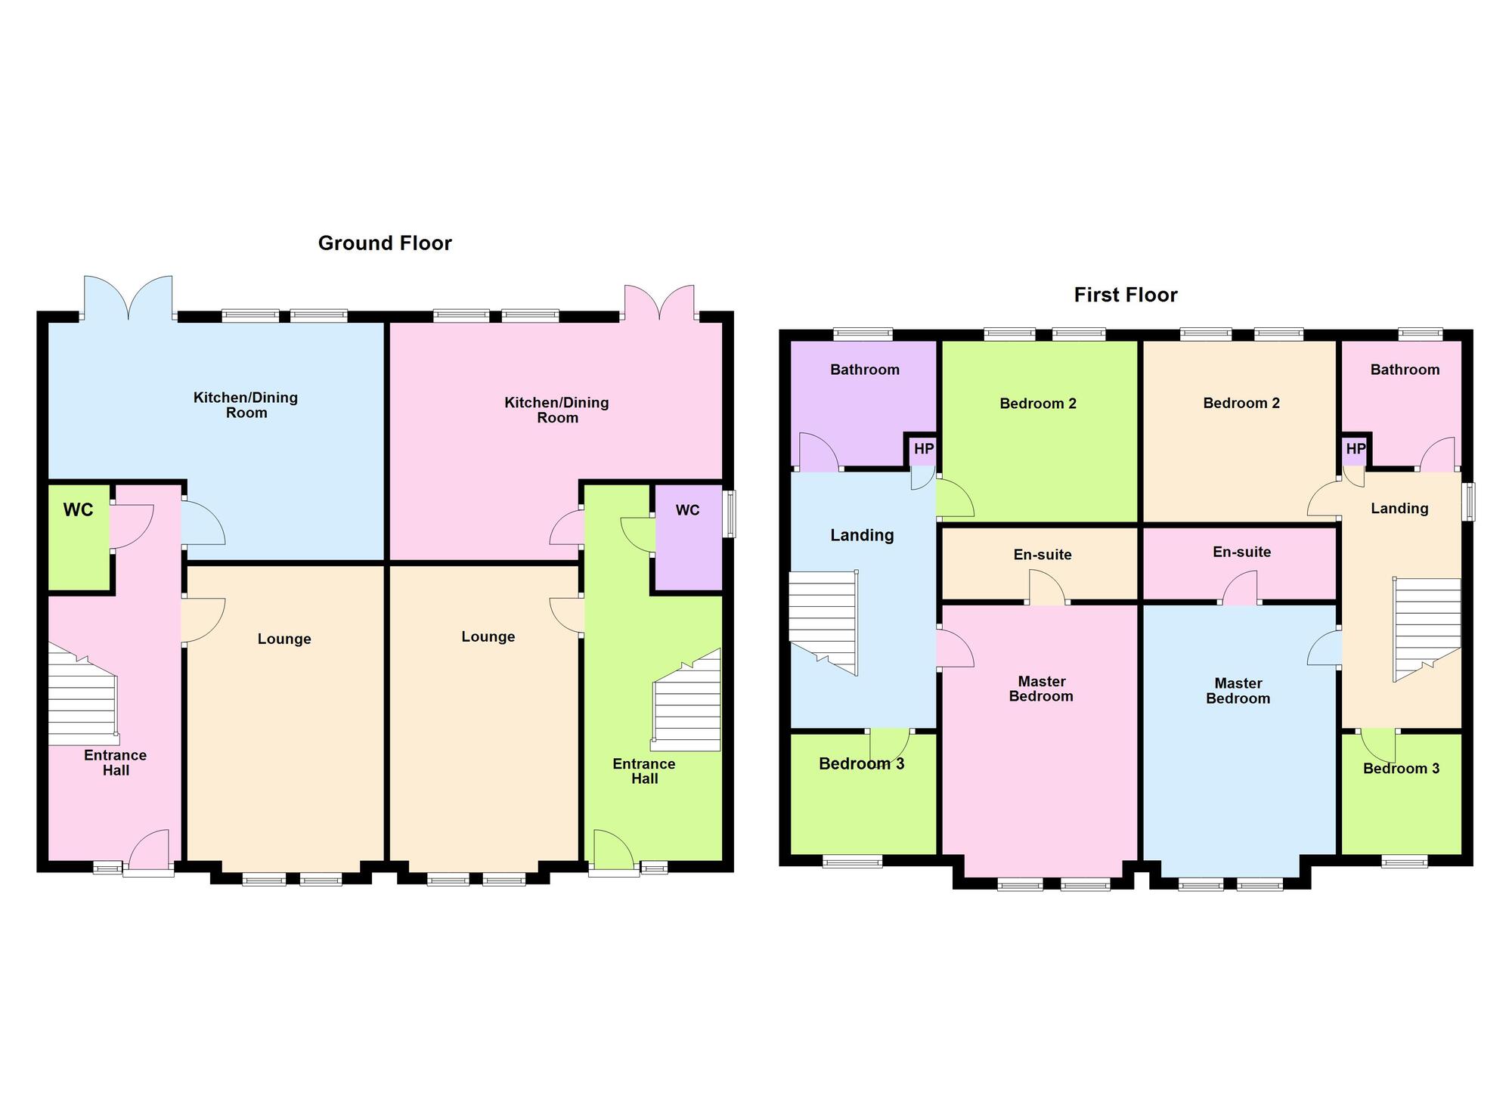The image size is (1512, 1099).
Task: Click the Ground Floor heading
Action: tap(385, 243)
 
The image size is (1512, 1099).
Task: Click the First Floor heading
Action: tap(1126, 295)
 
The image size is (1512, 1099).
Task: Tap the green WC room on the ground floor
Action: tap(79, 537)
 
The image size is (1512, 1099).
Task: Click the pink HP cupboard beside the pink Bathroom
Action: tap(1356, 450)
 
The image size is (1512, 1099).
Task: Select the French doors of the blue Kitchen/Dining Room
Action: tap(128, 299)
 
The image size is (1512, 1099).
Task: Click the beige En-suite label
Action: tap(1043, 555)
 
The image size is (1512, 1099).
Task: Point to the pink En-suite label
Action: tap(1241, 553)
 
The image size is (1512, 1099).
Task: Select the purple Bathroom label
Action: tap(865, 370)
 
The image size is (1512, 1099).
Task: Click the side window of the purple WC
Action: tap(730, 515)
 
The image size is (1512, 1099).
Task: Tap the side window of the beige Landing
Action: tap(1468, 502)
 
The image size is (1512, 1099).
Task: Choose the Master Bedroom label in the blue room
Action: tap(1238, 691)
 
